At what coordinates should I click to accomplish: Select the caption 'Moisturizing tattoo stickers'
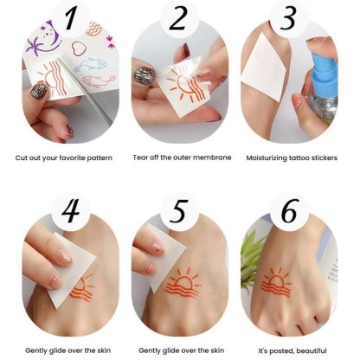tap(294, 158)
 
